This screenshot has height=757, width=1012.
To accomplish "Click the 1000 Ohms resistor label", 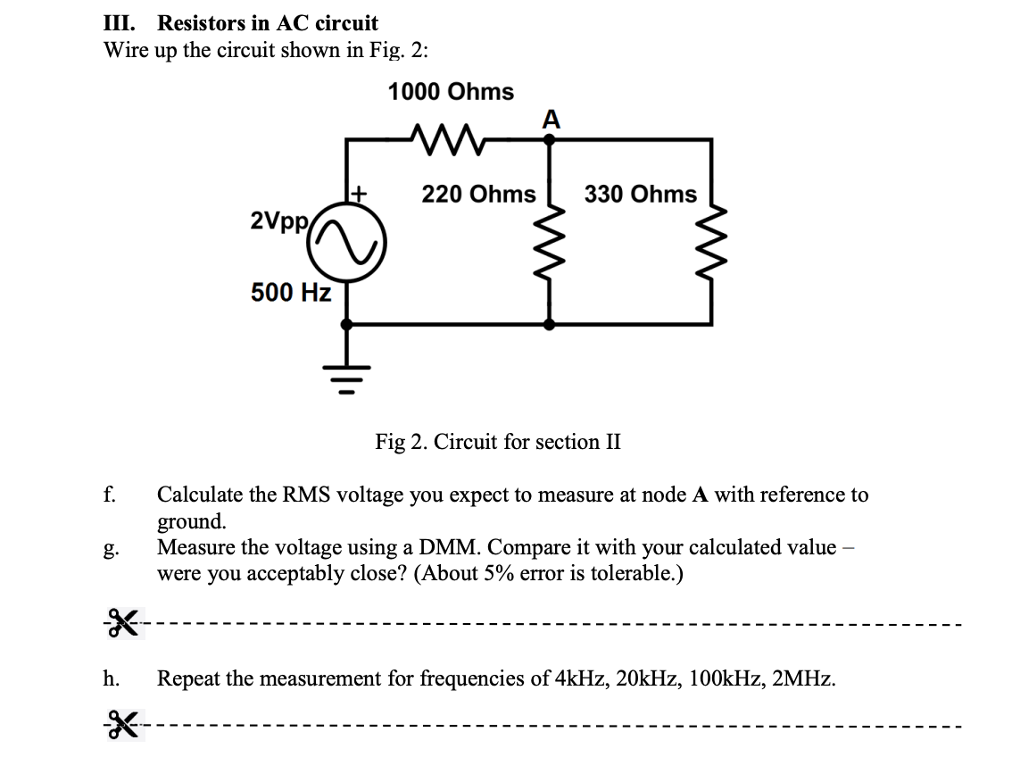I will tap(451, 92).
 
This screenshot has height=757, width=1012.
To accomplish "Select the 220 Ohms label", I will tap(478, 195).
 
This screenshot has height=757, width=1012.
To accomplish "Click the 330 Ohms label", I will tap(641, 195).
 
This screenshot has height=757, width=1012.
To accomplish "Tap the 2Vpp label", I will tap(280, 220).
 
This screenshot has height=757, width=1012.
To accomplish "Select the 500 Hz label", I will tap(291, 292).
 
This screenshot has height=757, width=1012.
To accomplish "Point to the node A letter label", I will tap(551, 119).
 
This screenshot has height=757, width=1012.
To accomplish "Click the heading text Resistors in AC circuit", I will tap(268, 23).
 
